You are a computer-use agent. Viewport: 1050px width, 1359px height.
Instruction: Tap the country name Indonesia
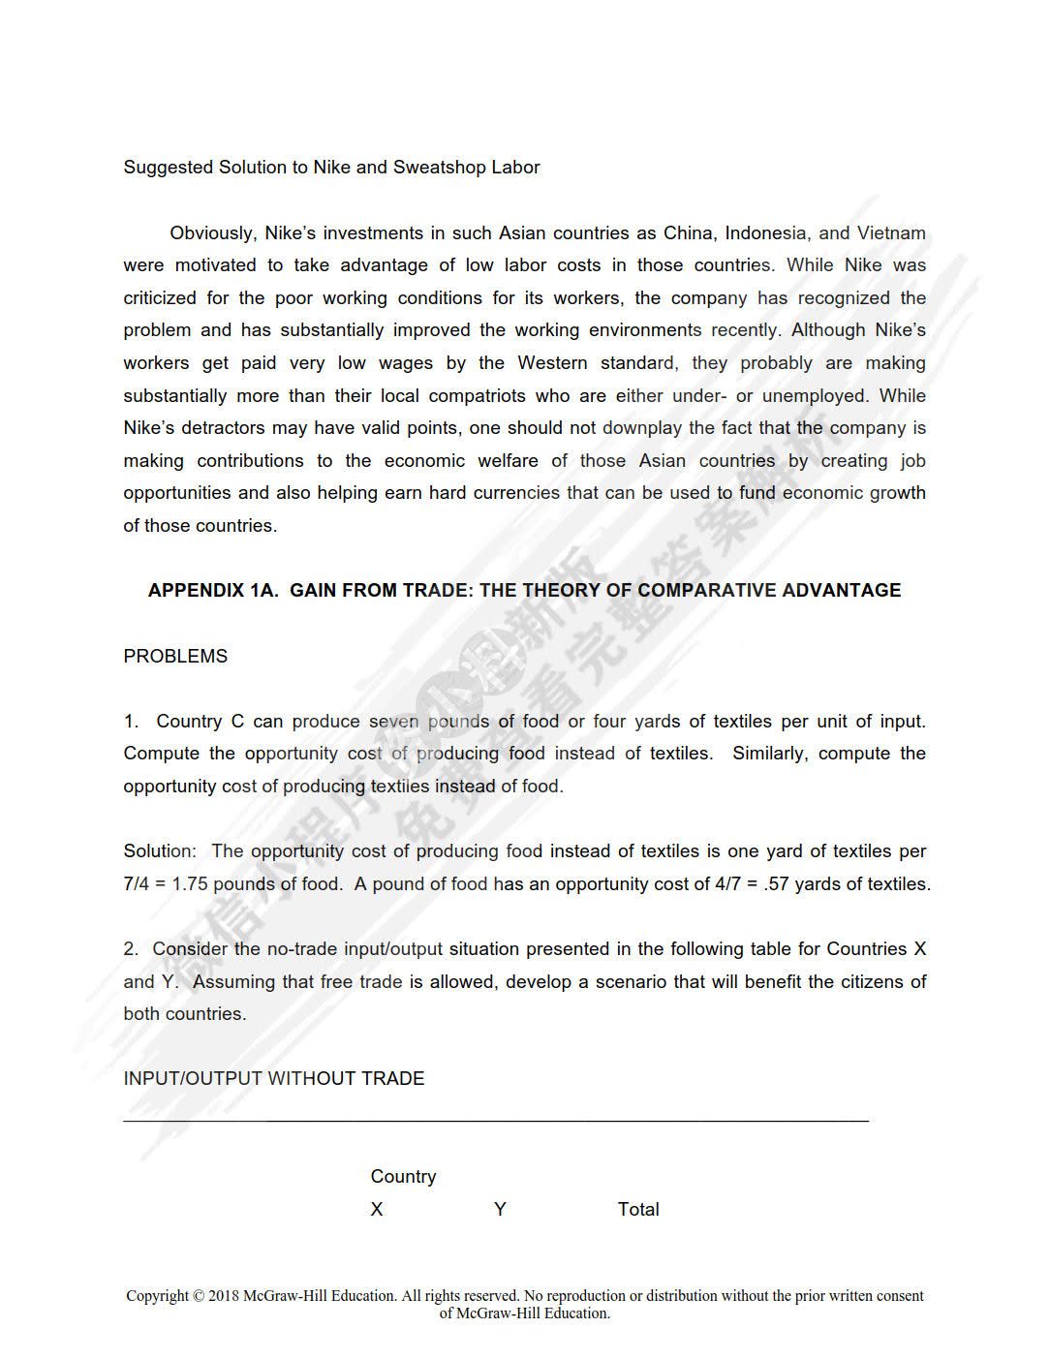[x=765, y=233]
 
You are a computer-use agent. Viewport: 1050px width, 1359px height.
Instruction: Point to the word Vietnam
[x=891, y=233]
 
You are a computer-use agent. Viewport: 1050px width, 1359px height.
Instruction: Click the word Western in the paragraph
[x=552, y=363]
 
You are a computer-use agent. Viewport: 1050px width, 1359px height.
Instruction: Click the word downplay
[x=642, y=428]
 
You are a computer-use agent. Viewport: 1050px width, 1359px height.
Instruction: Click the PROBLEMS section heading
[x=175, y=657]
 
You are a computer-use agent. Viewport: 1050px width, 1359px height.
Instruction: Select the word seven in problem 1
[x=393, y=722]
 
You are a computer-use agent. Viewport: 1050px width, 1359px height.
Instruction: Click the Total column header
[x=638, y=1210]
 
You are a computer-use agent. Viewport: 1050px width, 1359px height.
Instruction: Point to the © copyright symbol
[x=199, y=1296]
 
